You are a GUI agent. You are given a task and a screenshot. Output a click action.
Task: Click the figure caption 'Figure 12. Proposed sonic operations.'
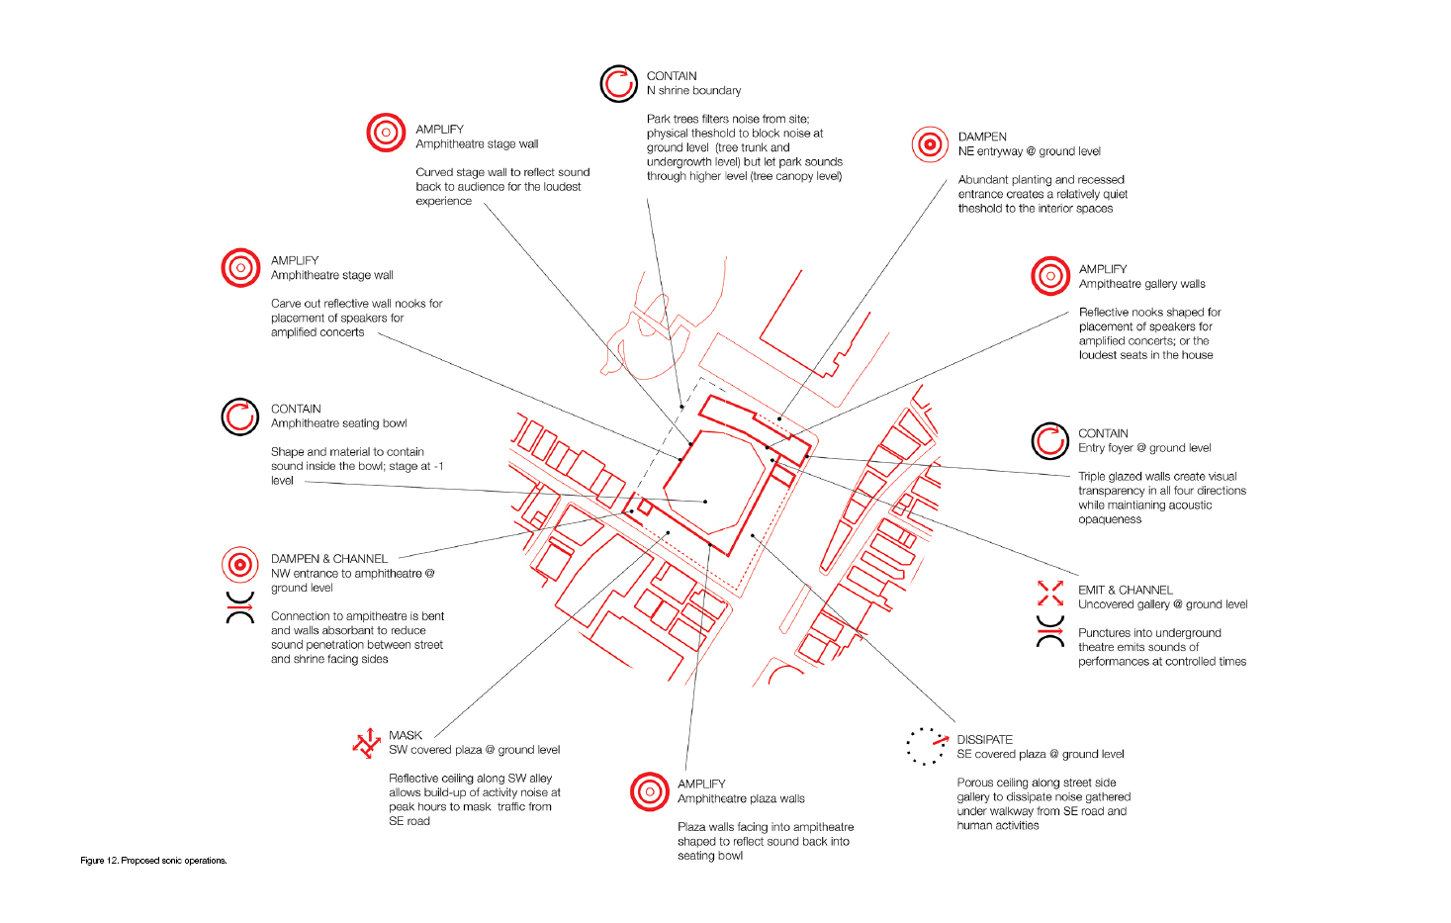point(153,860)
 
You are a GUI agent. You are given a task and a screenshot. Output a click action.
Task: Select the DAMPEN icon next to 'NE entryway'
point(930,143)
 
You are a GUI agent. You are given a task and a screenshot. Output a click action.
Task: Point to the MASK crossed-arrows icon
point(367,743)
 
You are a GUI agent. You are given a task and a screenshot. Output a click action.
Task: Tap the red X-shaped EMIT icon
point(1050,593)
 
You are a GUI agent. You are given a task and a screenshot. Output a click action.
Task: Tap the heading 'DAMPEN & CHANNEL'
point(329,558)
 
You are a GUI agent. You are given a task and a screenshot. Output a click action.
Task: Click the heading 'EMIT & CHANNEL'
point(1126,590)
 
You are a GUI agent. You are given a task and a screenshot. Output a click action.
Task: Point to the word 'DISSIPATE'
point(984,739)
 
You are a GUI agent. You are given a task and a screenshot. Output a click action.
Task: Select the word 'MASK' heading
point(406,735)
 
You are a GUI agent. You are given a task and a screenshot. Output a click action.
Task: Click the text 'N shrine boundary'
point(693,90)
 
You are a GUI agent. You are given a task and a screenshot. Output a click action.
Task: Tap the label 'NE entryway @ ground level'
point(1030,151)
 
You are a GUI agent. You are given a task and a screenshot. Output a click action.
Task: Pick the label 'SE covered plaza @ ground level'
point(1041,754)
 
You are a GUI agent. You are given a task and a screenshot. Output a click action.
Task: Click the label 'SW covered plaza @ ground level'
point(474,750)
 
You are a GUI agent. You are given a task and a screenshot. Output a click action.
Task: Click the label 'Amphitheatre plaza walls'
point(741,798)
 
